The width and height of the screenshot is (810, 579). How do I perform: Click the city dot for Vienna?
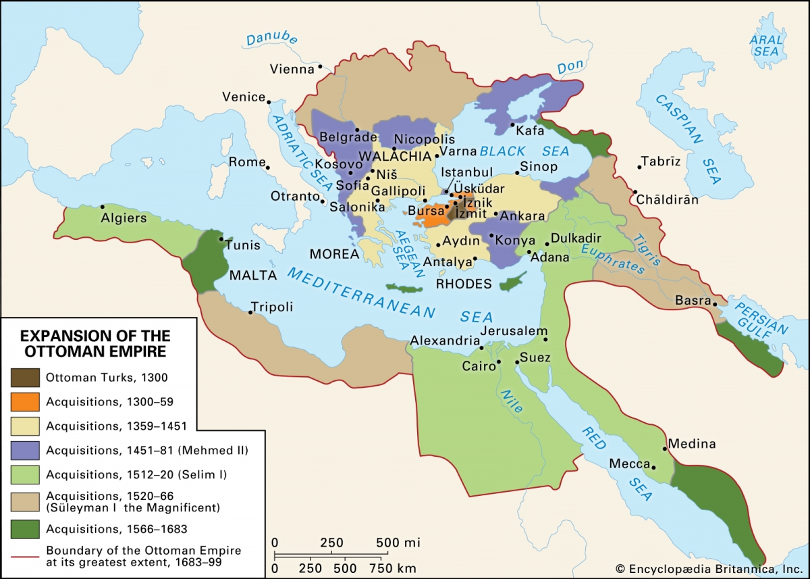[321, 66]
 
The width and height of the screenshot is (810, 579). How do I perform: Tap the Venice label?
[244, 97]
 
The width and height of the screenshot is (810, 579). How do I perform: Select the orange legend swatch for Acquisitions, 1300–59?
[25, 401]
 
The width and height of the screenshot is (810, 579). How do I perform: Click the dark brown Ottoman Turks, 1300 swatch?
[25, 377]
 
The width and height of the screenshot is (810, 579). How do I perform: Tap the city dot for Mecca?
[653, 465]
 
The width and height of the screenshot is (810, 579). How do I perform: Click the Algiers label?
[124, 218]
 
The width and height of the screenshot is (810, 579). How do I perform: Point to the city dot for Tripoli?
[251, 313]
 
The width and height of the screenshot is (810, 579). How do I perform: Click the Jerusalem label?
[513, 331]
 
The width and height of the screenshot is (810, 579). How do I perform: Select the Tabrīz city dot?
[639, 166]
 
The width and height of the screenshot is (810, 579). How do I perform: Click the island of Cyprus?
[513, 282]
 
